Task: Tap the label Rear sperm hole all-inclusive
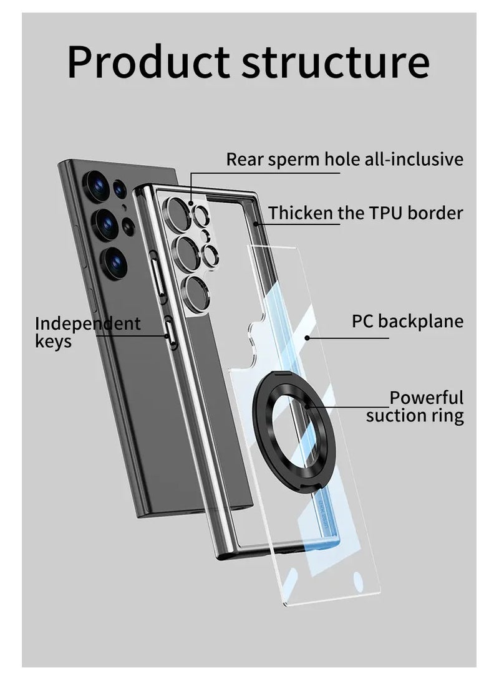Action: [344, 159]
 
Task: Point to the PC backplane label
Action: [408, 321]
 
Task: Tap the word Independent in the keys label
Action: [88, 323]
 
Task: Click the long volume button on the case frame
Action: [158, 275]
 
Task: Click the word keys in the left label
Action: [54, 342]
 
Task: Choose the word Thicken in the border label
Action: [301, 213]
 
